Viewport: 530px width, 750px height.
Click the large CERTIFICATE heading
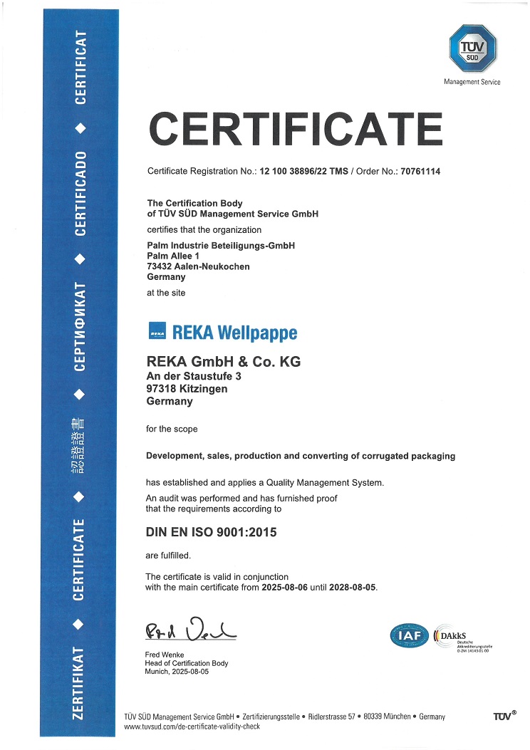pyautogui.click(x=295, y=130)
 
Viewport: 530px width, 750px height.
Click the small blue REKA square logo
pyautogui.click(x=157, y=332)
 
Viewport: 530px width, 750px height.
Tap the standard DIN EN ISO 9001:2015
pyautogui.click(x=211, y=532)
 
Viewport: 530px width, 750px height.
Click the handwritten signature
pyautogui.click(x=189, y=630)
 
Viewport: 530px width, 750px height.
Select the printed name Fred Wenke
pyautogui.click(x=164, y=655)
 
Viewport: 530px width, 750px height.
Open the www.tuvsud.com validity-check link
pyautogui.click(x=192, y=726)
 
